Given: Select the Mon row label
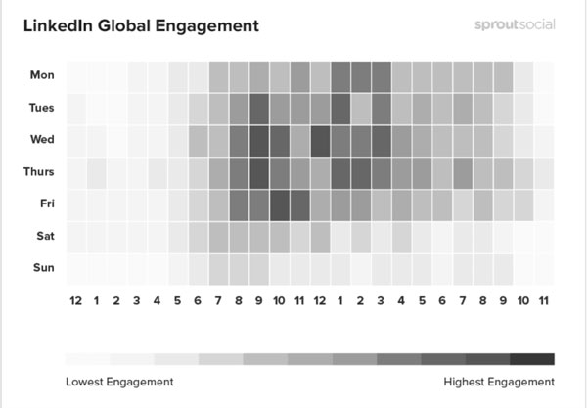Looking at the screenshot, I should (x=43, y=75).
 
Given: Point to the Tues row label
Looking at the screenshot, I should (x=42, y=108).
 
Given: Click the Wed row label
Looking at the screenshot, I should (x=43, y=140).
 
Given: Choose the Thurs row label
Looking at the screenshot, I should (x=40, y=172).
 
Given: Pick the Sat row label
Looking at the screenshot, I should (x=45, y=236).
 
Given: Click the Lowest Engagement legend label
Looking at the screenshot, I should (x=119, y=381).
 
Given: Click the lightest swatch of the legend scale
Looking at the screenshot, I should (x=87, y=358).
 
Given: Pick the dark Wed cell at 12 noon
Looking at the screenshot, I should (x=320, y=140).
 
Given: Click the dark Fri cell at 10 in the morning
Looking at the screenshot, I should (x=279, y=204).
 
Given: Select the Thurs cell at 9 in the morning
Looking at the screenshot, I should (x=258, y=172).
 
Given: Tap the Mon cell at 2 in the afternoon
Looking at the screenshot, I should (x=361, y=75).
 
